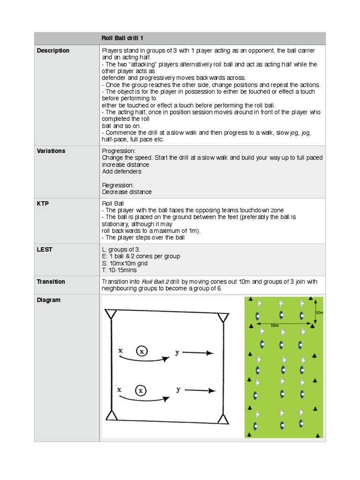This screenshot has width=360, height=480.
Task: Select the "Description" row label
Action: (x=53, y=51)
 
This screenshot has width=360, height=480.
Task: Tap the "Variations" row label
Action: (x=51, y=151)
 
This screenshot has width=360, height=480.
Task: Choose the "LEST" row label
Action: (x=45, y=249)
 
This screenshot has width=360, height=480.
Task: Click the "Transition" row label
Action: (x=51, y=282)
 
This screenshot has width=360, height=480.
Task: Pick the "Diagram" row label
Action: (x=49, y=300)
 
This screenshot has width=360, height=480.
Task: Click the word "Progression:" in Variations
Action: (x=119, y=151)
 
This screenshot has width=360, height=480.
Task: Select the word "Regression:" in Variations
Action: (x=118, y=185)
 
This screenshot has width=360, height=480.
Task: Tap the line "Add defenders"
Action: (x=121, y=172)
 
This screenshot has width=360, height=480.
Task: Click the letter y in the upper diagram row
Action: (x=177, y=352)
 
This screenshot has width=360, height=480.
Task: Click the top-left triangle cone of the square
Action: (x=111, y=314)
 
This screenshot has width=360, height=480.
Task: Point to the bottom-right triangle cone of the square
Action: (x=223, y=419)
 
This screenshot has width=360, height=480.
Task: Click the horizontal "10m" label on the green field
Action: (x=274, y=325)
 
